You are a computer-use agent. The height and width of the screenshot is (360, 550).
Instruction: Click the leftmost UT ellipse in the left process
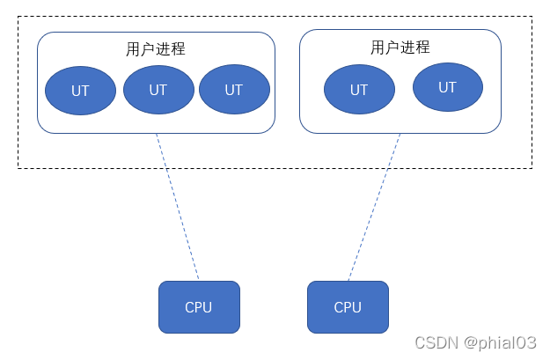click(80, 90)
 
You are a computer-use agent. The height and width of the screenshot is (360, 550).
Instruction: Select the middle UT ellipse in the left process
click(158, 89)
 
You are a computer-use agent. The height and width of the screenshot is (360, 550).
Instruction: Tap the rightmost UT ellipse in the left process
click(233, 89)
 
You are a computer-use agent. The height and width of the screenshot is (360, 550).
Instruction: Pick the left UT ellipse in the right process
click(359, 90)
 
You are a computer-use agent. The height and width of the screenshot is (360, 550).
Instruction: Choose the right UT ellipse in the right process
click(447, 87)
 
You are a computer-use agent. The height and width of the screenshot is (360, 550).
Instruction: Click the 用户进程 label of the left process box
click(156, 49)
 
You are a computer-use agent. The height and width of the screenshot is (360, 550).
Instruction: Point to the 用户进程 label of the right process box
click(400, 47)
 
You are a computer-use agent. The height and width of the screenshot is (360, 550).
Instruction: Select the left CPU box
click(199, 307)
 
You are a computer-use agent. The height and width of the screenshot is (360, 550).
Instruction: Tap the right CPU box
click(348, 307)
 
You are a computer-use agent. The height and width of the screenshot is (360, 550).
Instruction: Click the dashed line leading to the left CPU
click(178, 207)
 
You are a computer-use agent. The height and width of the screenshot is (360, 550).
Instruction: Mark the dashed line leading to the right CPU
click(374, 207)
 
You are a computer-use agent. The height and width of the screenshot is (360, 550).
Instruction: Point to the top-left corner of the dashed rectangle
click(18, 16)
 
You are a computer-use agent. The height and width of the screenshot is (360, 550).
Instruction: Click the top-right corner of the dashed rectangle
click(532, 16)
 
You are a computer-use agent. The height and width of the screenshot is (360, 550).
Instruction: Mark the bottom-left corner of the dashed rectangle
click(18, 168)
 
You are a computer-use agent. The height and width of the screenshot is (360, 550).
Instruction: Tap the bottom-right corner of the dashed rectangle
click(532, 168)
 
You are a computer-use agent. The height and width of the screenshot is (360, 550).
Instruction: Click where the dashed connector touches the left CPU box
click(199, 281)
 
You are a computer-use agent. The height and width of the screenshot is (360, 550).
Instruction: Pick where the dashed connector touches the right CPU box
click(348, 281)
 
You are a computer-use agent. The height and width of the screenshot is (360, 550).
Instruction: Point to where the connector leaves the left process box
click(157, 134)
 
